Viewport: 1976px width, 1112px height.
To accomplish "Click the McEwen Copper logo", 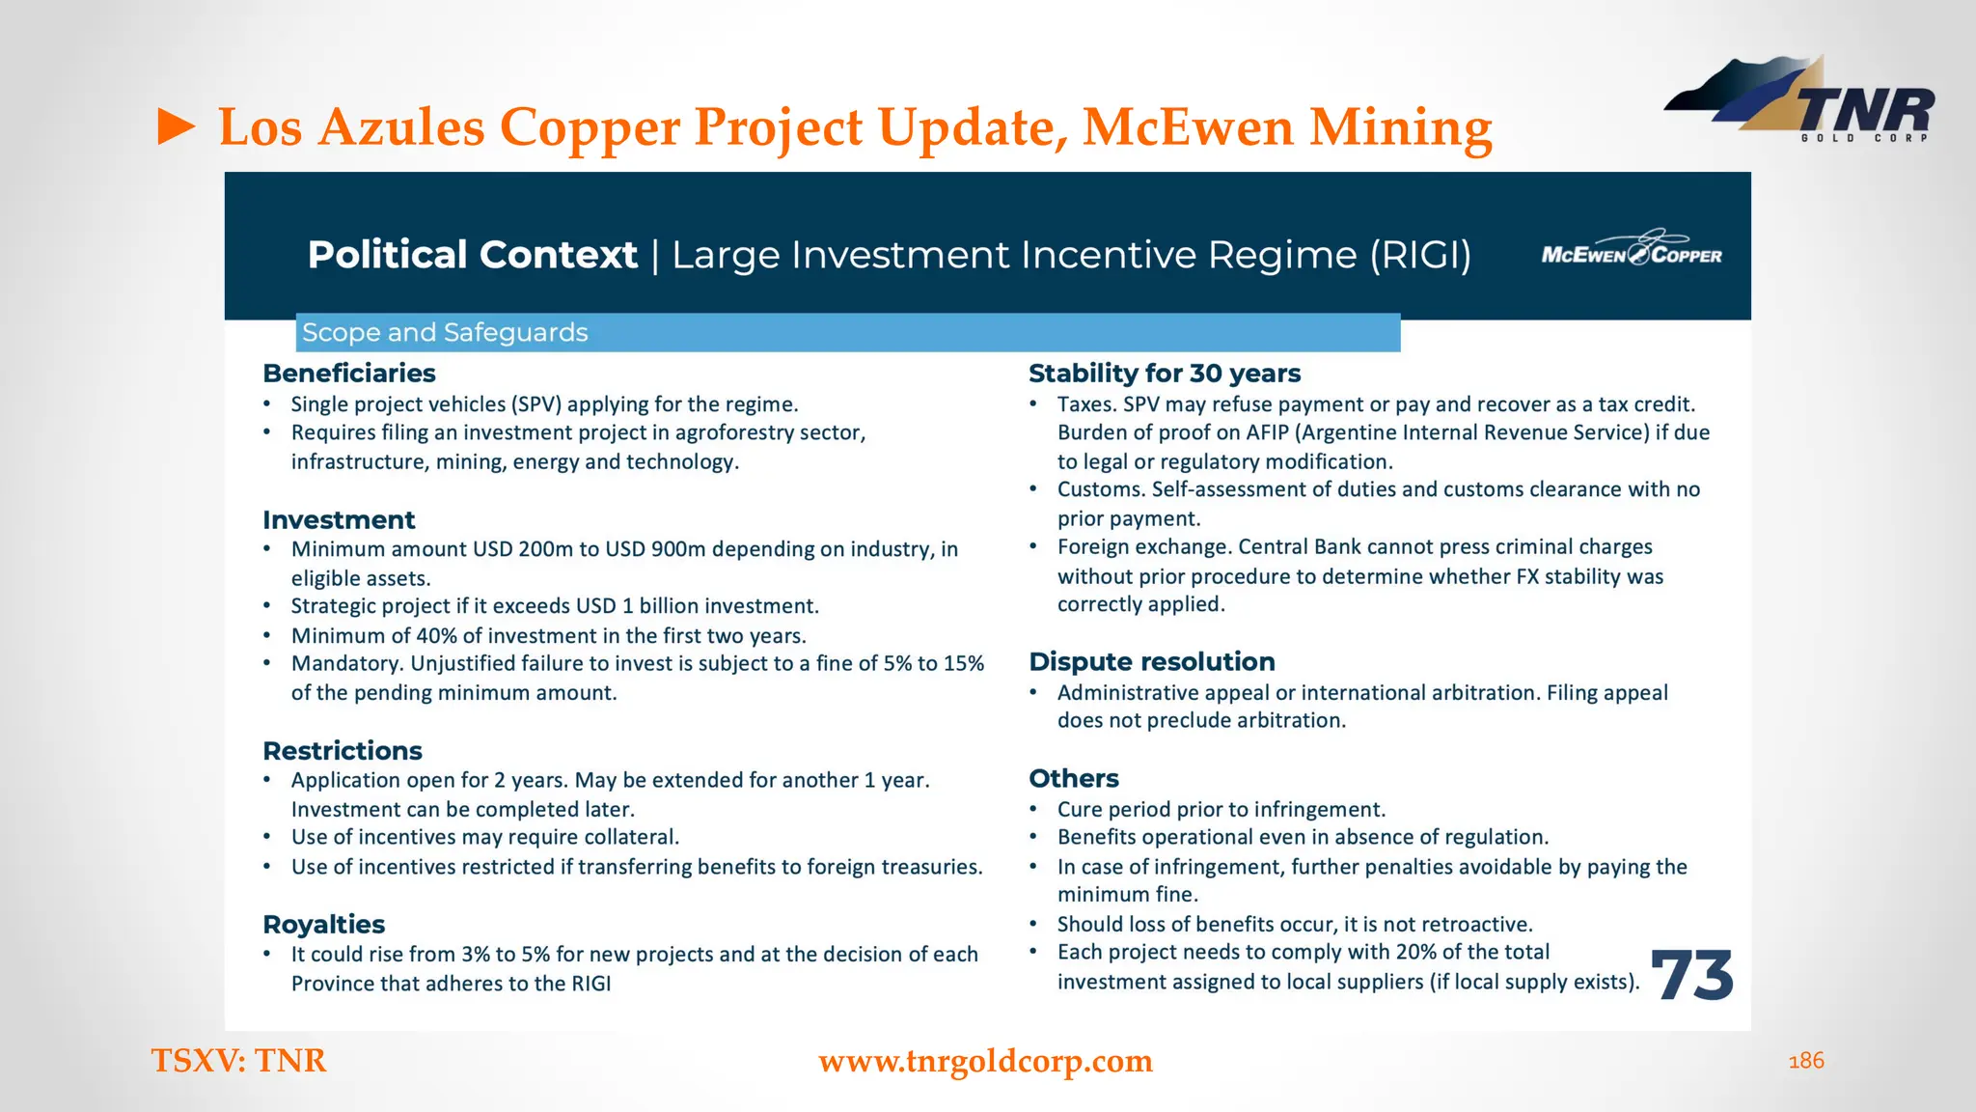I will pyautogui.click(x=1632, y=252).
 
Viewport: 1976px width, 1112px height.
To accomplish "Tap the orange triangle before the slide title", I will pyautogui.click(x=177, y=127).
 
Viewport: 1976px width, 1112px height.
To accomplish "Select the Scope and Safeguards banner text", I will pyautogui.click(x=445, y=332).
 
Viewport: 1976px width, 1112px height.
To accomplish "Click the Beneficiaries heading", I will pyautogui.click(x=348, y=373).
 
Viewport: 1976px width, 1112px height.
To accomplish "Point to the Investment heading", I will pyautogui.click(x=339, y=519).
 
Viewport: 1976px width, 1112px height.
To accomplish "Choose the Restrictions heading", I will pyautogui.click(x=343, y=750).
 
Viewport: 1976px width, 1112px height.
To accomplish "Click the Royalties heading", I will pyautogui.click(x=323, y=924).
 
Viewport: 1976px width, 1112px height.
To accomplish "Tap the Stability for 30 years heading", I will pyautogui.click(x=1165, y=373).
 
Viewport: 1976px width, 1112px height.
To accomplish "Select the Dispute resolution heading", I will pyautogui.click(x=1152, y=661).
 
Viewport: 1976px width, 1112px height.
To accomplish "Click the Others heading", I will pyautogui.click(x=1074, y=778).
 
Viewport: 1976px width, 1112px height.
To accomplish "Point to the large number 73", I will pyautogui.click(x=1692, y=975).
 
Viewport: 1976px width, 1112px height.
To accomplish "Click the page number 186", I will pyautogui.click(x=1806, y=1061).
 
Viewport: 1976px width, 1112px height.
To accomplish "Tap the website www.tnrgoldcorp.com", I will pyautogui.click(x=985, y=1061).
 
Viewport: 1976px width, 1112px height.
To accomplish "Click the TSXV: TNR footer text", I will pyautogui.click(x=239, y=1061).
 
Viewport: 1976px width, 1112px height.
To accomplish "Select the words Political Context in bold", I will pyautogui.click(x=472, y=255).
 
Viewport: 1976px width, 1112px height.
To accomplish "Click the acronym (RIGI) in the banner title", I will pyautogui.click(x=1420, y=255).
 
